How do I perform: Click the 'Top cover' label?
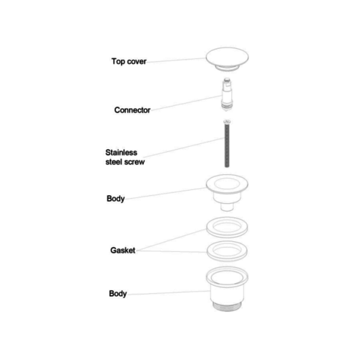pyautogui.click(x=129, y=61)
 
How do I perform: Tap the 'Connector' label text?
pyautogui.click(x=132, y=110)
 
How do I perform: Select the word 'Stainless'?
pyautogui.click(x=121, y=153)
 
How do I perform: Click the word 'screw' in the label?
pyautogui.click(x=135, y=162)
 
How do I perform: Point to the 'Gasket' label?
pyautogui.click(x=122, y=251)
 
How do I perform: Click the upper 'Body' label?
pyautogui.click(x=116, y=199)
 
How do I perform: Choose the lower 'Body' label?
pyautogui.click(x=118, y=294)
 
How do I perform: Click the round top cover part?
pyautogui.click(x=227, y=57)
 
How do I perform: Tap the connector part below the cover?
pyautogui.click(x=227, y=94)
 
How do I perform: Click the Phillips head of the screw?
pyautogui.click(x=227, y=122)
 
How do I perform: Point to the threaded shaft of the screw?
pyautogui.click(x=227, y=146)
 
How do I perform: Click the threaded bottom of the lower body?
pyautogui.click(x=227, y=307)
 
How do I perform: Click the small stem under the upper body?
pyautogui.click(x=227, y=207)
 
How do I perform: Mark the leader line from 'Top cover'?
pyautogui.click(x=176, y=60)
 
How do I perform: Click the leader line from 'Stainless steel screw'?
pyautogui.click(x=184, y=148)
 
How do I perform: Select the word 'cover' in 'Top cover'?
pyautogui.click(x=137, y=62)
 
